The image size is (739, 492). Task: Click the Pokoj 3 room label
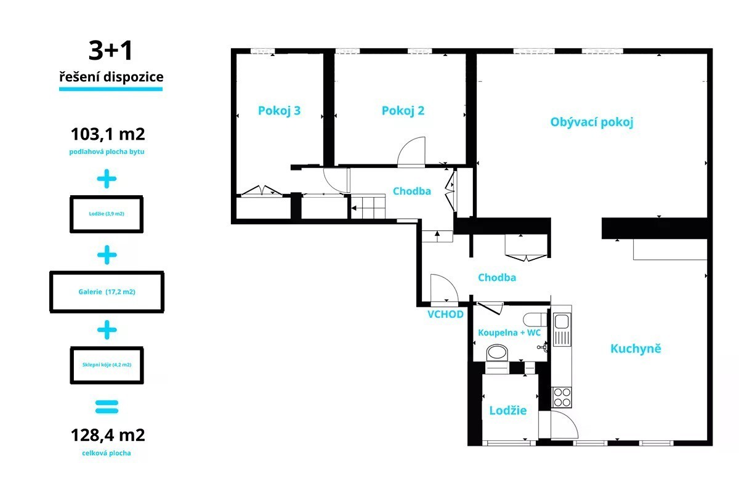tap(279, 111)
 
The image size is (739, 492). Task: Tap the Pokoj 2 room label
tap(403, 111)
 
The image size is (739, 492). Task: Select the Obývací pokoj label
tap(592, 122)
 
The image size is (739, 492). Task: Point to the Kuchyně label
tap(636, 349)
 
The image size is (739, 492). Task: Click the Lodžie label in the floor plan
tap(507, 410)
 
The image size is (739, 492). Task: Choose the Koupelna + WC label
tap(509, 333)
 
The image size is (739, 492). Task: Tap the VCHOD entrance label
tap(445, 314)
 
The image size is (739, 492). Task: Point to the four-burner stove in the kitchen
tap(562, 397)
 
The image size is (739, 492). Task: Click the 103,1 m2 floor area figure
tap(108, 134)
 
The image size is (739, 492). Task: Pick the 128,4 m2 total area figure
tap(108, 435)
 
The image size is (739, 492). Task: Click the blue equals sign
tap(107, 406)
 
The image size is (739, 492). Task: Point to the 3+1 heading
tap(110, 50)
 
